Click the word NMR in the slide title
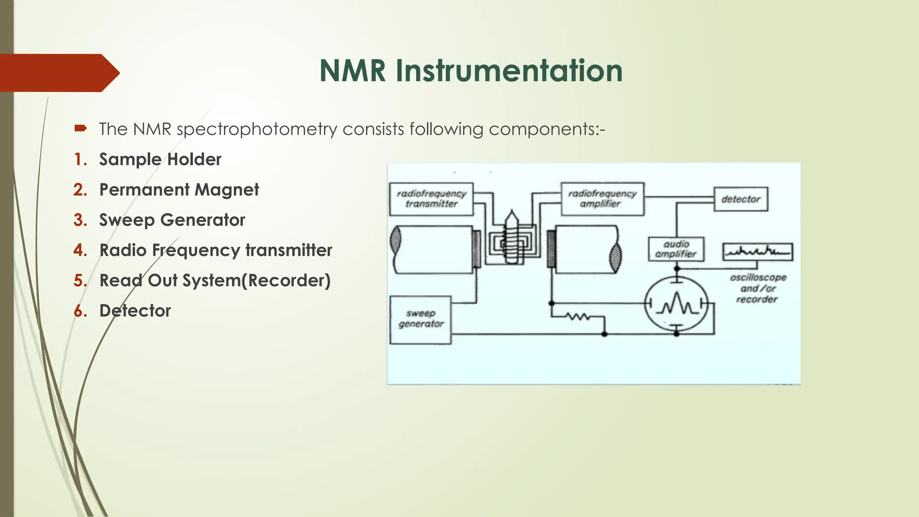[x=353, y=71]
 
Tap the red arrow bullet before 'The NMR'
[x=80, y=129]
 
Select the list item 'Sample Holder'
[x=160, y=159]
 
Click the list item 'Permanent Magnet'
[x=179, y=189]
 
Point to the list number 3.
[x=80, y=220]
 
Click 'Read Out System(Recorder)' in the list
[x=215, y=280]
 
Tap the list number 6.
[x=80, y=311]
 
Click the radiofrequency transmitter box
[x=431, y=199]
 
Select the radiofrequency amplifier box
[x=602, y=199]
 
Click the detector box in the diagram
[x=740, y=199]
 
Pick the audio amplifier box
[x=676, y=249]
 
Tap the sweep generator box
[x=420, y=320]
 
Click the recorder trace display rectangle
[x=757, y=252]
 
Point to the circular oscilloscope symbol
[x=676, y=305]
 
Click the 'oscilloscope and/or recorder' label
[x=757, y=288]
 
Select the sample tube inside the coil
[x=512, y=238]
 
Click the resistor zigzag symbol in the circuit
[x=578, y=317]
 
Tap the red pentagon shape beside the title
[x=58, y=73]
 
